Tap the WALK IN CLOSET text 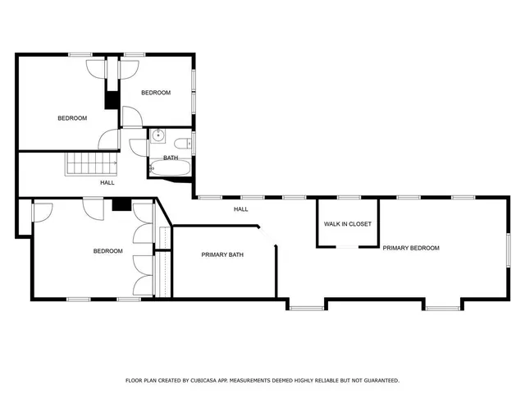347,224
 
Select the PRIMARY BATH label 222,255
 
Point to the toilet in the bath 186,144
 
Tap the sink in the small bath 157,136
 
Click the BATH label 170,158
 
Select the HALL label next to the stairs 107,182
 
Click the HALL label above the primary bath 240,209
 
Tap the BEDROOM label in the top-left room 72,118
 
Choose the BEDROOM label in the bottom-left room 107,251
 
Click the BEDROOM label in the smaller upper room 156,93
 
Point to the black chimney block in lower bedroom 122,205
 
